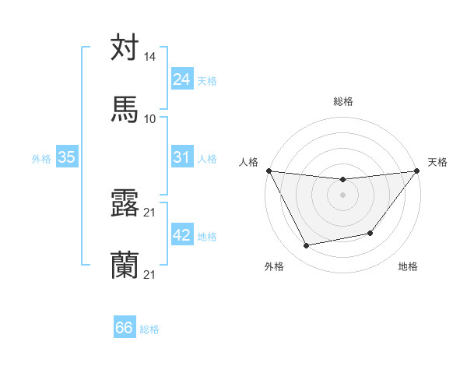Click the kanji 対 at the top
[125, 48]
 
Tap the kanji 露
[125, 203]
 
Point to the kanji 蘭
[125, 265]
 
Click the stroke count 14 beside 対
[150, 57]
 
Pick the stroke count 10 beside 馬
[150, 118]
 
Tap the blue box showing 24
[181, 79]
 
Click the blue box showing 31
[181, 157]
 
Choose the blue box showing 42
[181, 235]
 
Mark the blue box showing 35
[67, 157]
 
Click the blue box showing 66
[125, 328]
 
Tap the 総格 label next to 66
[149, 329]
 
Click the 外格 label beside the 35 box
[41, 159]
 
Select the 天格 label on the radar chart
[437, 162]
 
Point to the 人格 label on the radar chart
[248, 162]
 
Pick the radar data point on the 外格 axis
[306, 246]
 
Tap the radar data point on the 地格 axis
[370, 233]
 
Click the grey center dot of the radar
[342, 195]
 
